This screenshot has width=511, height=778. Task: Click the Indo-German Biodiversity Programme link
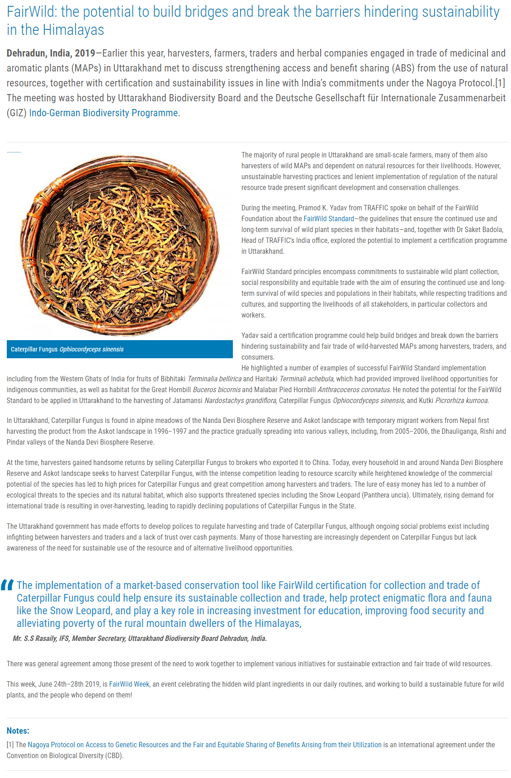pos(104,113)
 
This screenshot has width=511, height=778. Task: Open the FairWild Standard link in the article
pos(329,219)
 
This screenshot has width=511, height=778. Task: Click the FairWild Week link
pos(129,684)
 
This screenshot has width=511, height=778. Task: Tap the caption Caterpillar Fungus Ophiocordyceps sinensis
pos(67,349)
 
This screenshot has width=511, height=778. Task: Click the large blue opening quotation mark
pos(7,585)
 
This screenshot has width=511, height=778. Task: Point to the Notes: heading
pos(18,731)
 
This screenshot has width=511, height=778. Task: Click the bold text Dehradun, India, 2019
pos(51,53)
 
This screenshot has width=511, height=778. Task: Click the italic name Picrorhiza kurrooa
pos(462,401)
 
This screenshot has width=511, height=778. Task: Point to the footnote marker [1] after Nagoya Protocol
pos(500,83)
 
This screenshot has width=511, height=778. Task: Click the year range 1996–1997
pos(170,432)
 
